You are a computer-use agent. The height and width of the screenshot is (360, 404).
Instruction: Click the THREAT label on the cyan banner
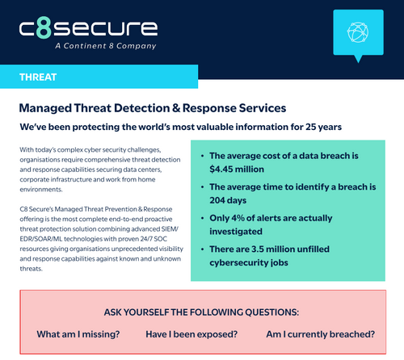tap(39, 77)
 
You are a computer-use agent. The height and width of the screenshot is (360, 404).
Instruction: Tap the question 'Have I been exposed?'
tap(191, 334)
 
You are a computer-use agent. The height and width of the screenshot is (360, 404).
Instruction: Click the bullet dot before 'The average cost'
tap(200, 155)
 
